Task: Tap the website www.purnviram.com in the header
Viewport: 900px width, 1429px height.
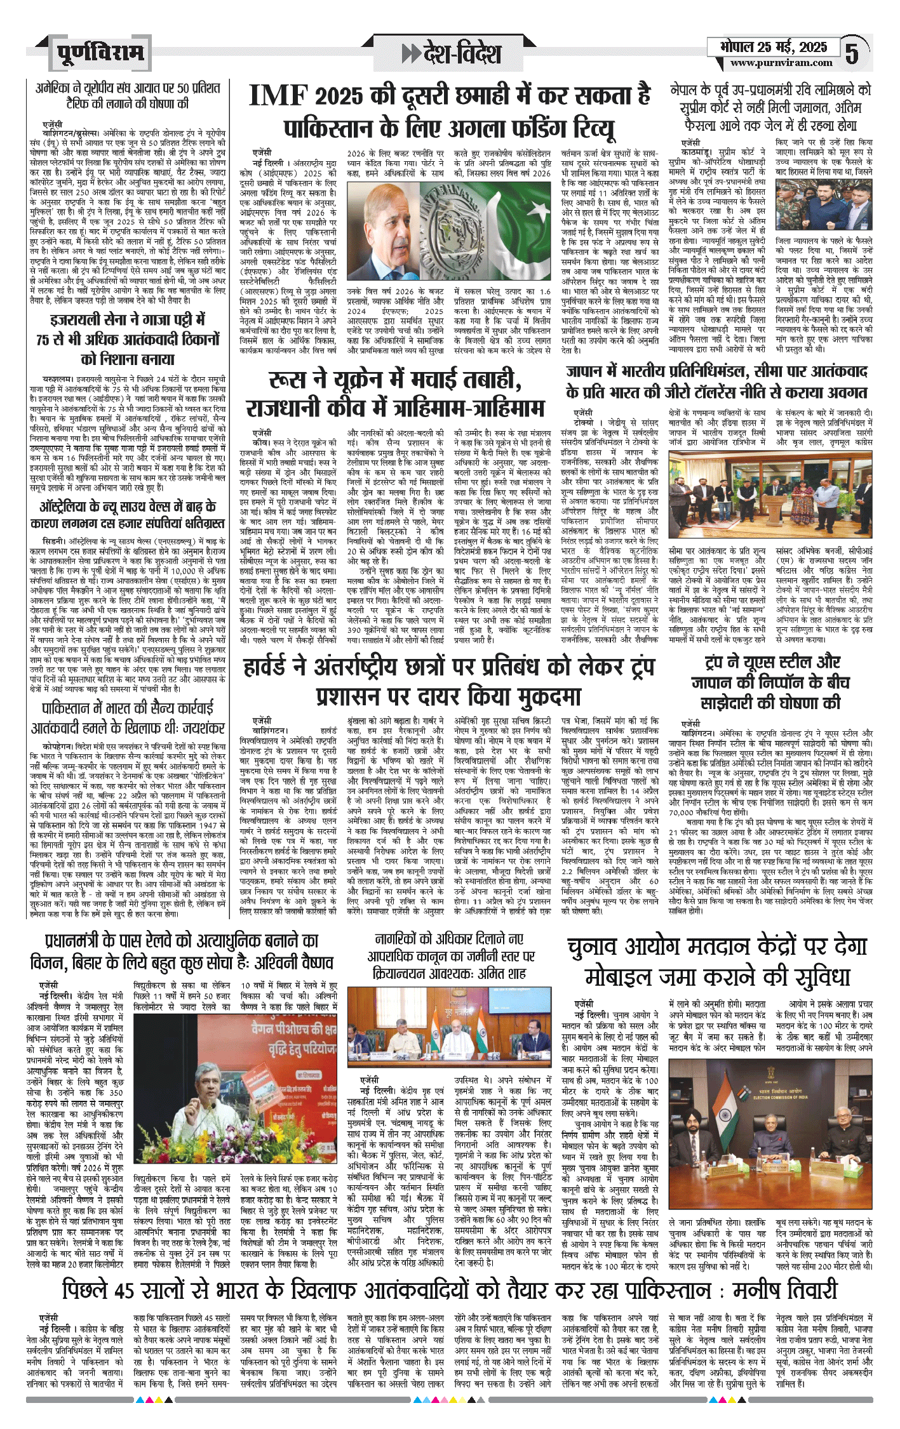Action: pos(781,63)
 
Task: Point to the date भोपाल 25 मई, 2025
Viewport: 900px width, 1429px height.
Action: pos(774,47)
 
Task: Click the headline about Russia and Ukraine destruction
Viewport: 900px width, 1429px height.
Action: pos(395,394)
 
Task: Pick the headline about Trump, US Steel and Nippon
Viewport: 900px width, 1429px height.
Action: pos(772,683)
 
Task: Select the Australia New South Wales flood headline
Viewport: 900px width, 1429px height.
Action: pos(128,514)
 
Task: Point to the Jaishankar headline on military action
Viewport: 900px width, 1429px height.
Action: pos(128,718)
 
